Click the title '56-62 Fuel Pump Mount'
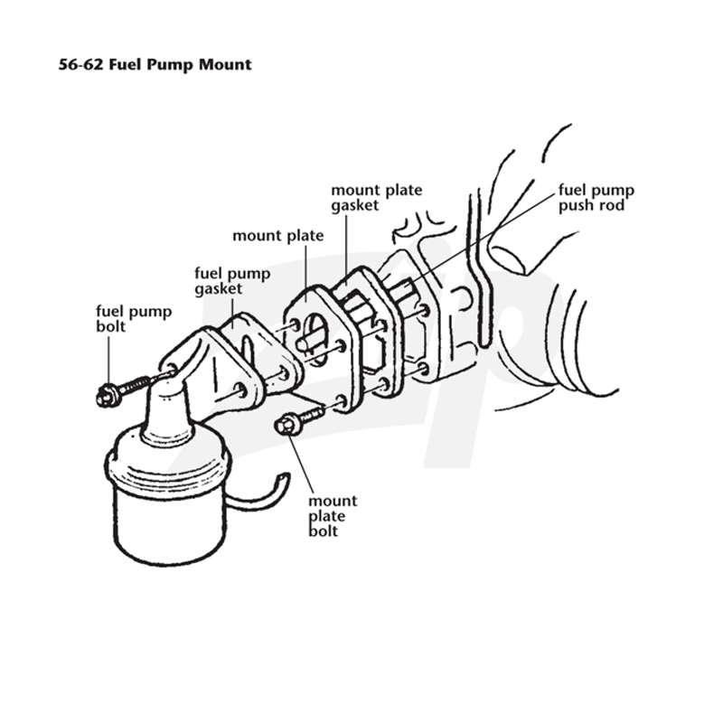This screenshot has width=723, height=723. click(155, 64)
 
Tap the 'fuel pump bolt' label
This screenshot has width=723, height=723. click(134, 319)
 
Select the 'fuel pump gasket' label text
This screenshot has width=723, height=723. click(232, 281)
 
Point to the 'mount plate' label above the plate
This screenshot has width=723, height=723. click(278, 236)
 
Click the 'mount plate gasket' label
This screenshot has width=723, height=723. click(377, 197)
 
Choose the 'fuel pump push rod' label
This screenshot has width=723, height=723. click(596, 197)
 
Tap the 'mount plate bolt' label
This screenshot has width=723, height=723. click(333, 515)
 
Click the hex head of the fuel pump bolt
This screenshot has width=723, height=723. click(107, 395)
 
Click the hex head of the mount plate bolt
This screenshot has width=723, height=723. click(286, 424)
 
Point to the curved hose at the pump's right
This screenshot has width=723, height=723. click(258, 491)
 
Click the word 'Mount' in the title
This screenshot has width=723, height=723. click(225, 64)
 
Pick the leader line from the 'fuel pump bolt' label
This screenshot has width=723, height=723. click(109, 360)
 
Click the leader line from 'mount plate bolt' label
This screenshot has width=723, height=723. click(301, 465)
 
